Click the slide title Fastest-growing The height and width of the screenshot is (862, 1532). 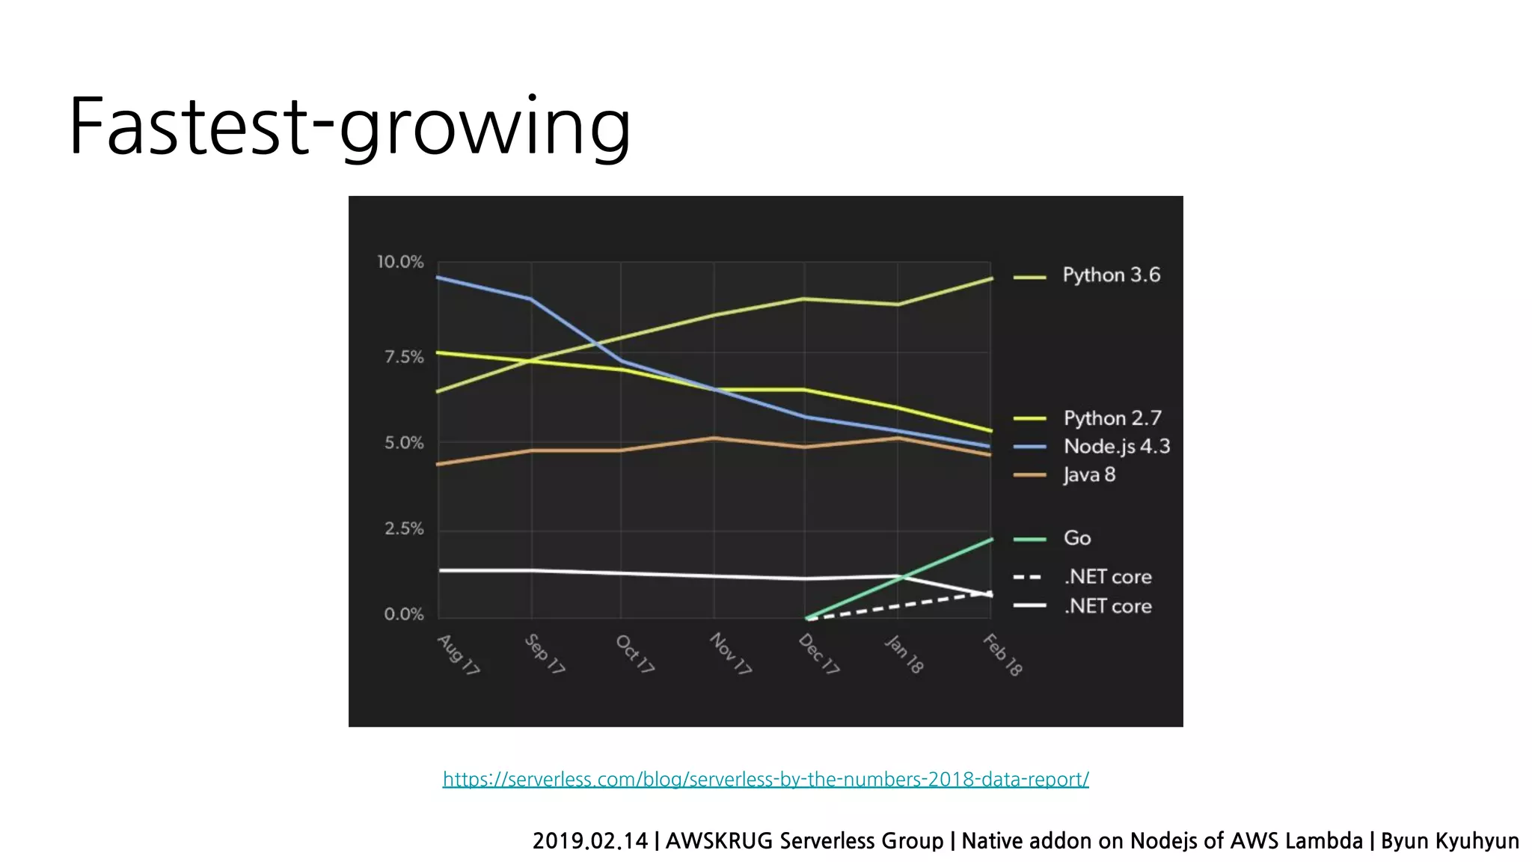click(349, 127)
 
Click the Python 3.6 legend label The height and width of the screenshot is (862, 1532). click(1111, 275)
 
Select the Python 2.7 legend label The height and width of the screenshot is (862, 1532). click(1112, 418)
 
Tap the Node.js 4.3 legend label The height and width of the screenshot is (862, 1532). click(1116, 447)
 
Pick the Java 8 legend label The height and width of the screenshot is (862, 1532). click(1089, 475)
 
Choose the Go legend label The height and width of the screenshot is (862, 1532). click(1077, 538)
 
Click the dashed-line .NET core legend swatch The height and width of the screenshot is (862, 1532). click(1028, 577)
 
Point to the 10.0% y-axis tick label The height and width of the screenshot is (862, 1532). click(399, 262)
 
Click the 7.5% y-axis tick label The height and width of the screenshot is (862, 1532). click(404, 357)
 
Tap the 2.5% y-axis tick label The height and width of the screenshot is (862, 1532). click(404, 529)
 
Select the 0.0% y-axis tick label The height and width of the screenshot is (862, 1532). click(404, 614)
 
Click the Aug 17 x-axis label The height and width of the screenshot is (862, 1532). click(459, 655)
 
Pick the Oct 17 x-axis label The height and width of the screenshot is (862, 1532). click(635, 654)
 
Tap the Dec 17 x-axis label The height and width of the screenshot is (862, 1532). click(819, 654)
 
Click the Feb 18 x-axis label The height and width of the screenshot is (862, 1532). click(1002, 655)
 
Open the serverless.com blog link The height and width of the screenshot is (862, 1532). click(765, 779)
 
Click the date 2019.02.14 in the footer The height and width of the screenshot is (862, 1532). click(590, 841)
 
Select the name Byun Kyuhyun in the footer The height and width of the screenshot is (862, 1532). click(1449, 841)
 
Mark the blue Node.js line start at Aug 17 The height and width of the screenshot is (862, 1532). click(438, 278)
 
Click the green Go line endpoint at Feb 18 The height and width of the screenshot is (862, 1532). click(991, 539)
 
